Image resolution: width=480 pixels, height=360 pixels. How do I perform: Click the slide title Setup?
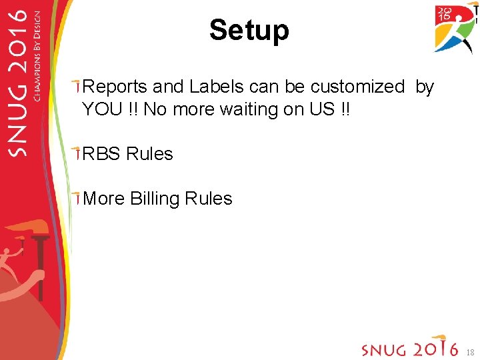click(x=249, y=30)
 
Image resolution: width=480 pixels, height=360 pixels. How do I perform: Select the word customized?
click(x=357, y=87)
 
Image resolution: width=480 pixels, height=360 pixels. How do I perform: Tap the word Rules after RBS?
click(x=149, y=154)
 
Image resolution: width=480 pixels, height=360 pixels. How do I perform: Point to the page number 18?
click(x=470, y=351)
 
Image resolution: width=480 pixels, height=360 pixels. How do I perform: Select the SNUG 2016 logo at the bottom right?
click(x=409, y=348)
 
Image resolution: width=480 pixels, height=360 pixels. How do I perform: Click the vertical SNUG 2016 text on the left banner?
click(x=18, y=87)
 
